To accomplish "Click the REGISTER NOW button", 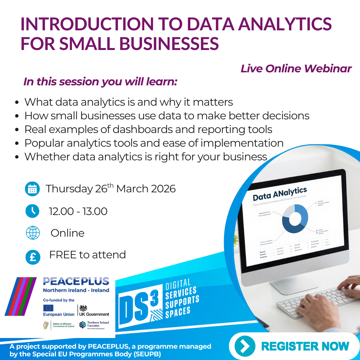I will coord(293,346).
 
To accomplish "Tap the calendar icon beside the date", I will coord(32,189).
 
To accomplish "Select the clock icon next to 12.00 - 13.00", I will coord(32,211).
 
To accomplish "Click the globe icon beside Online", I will coord(33,233).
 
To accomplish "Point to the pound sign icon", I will coord(33,257).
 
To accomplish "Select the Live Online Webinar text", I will coord(296,69).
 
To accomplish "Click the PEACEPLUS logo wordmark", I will coord(76,281).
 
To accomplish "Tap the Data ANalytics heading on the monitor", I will coord(279,193).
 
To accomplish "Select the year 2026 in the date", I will coord(163,189).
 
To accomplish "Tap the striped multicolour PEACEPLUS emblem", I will coord(21,296).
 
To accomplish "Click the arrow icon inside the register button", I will coord(245,346).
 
